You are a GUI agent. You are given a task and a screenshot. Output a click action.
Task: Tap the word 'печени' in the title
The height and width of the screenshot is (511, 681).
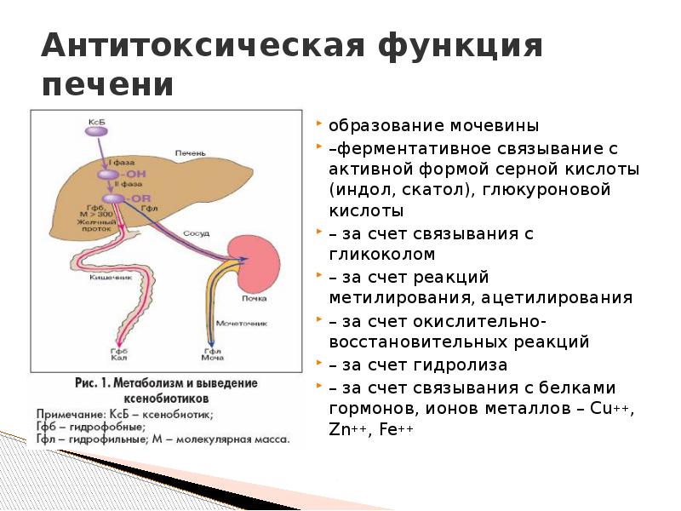click(107, 86)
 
